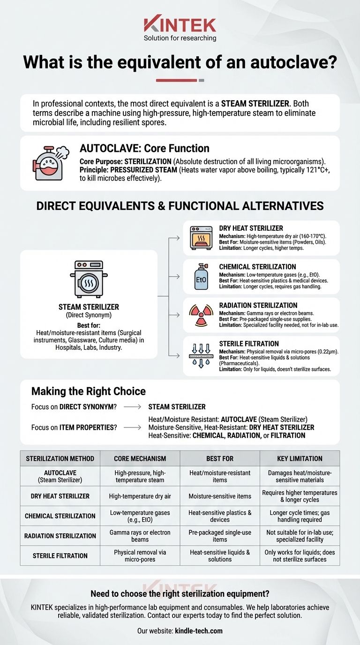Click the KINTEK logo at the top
[180, 24]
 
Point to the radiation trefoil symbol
[201, 315]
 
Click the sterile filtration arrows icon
[201, 356]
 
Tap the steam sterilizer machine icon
[89, 279]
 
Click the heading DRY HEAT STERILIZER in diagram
[251, 228]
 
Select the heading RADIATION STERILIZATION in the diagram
[258, 305]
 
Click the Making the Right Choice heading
[88, 391]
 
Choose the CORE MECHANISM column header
[140, 458]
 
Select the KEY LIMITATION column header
[300, 458]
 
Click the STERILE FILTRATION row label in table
[60, 555]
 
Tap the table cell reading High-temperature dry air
[140, 496]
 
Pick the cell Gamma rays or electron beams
[140, 536]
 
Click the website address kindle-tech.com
[199, 631]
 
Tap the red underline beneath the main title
[176, 80]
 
